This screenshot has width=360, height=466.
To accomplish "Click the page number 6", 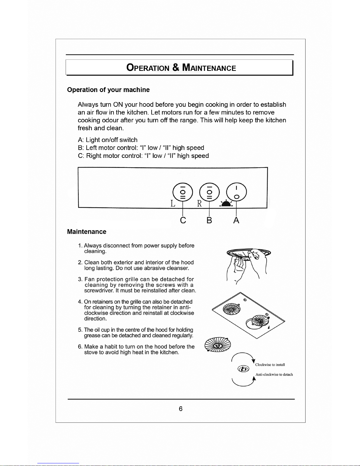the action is pos(181,409).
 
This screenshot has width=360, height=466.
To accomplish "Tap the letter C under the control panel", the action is pos(183,220).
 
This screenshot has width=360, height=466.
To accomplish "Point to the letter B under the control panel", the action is pos(209,220).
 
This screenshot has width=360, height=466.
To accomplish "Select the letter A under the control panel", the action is pos(236,220).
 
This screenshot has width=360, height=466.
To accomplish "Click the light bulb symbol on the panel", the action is pos(226,203).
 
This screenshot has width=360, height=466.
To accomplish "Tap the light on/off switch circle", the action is pos(236,192).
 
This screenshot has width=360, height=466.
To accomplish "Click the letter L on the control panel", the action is pos(173,203).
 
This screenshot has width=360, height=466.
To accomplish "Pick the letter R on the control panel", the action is pos(200,203).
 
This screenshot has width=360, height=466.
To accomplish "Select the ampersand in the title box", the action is pos(176,67).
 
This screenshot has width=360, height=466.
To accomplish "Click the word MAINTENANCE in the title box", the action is pos(209,68).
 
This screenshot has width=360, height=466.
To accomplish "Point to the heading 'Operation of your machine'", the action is pos(108,90).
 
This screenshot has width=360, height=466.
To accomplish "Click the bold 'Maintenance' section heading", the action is pos(87,232).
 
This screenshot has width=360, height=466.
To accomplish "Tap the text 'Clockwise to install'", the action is pos(270,365).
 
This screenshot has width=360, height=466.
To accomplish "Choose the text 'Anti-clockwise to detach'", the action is pos(274,375).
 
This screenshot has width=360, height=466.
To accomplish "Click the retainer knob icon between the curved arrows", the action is pos(243,369).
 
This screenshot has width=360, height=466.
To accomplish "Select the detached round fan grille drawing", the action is pos(217,345).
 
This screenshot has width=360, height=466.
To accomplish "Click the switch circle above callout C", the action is pos(183,192).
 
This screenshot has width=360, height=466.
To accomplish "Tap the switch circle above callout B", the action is pos(209,192).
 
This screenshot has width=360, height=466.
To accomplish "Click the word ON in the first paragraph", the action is pos(118,105).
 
